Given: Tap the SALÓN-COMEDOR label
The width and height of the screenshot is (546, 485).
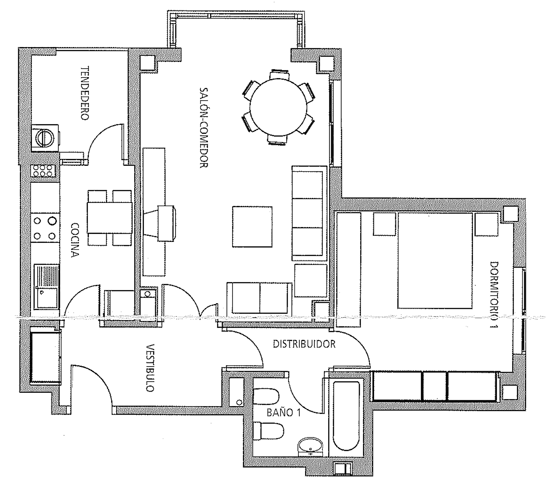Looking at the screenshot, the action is pyautogui.click(x=204, y=128).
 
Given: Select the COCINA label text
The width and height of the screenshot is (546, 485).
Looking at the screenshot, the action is pyautogui.click(x=75, y=240).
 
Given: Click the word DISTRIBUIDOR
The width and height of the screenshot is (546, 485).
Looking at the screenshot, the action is pyautogui.click(x=304, y=344).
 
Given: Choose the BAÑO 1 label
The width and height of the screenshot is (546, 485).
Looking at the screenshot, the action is pyautogui.click(x=284, y=413).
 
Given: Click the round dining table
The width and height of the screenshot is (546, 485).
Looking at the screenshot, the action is pyautogui.click(x=278, y=108).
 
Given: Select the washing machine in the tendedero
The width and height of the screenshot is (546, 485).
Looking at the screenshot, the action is pyautogui.click(x=45, y=138).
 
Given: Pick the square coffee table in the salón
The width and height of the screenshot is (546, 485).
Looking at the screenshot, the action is pyautogui.click(x=252, y=227).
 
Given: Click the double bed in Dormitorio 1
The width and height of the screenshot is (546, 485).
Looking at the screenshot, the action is pyautogui.click(x=435, y=261).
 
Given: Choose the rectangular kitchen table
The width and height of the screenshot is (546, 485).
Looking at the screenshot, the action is pyautogui.click(x=110, y=218).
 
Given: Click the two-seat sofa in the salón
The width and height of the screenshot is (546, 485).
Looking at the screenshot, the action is pyautogui.click(x=259, y=298).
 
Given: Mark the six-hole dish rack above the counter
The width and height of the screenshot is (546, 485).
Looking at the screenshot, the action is pyautogui.click(x=43, y=171).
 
